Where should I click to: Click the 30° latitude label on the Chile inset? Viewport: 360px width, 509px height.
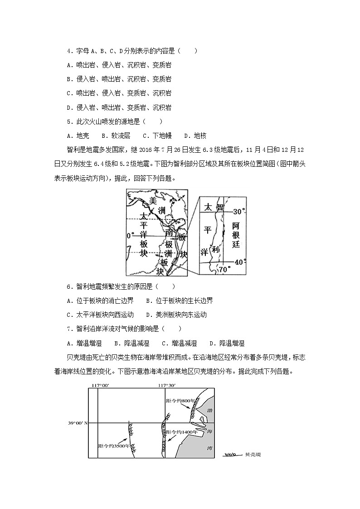(239, 211)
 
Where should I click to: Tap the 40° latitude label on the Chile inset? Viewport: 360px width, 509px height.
(239, 262)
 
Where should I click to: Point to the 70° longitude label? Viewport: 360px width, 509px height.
(224, 270)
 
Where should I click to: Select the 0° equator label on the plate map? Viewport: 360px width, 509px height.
(131, 236)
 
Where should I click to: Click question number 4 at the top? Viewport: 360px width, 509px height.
(69, 51)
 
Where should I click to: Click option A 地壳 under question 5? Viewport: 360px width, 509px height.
(78, 136)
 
